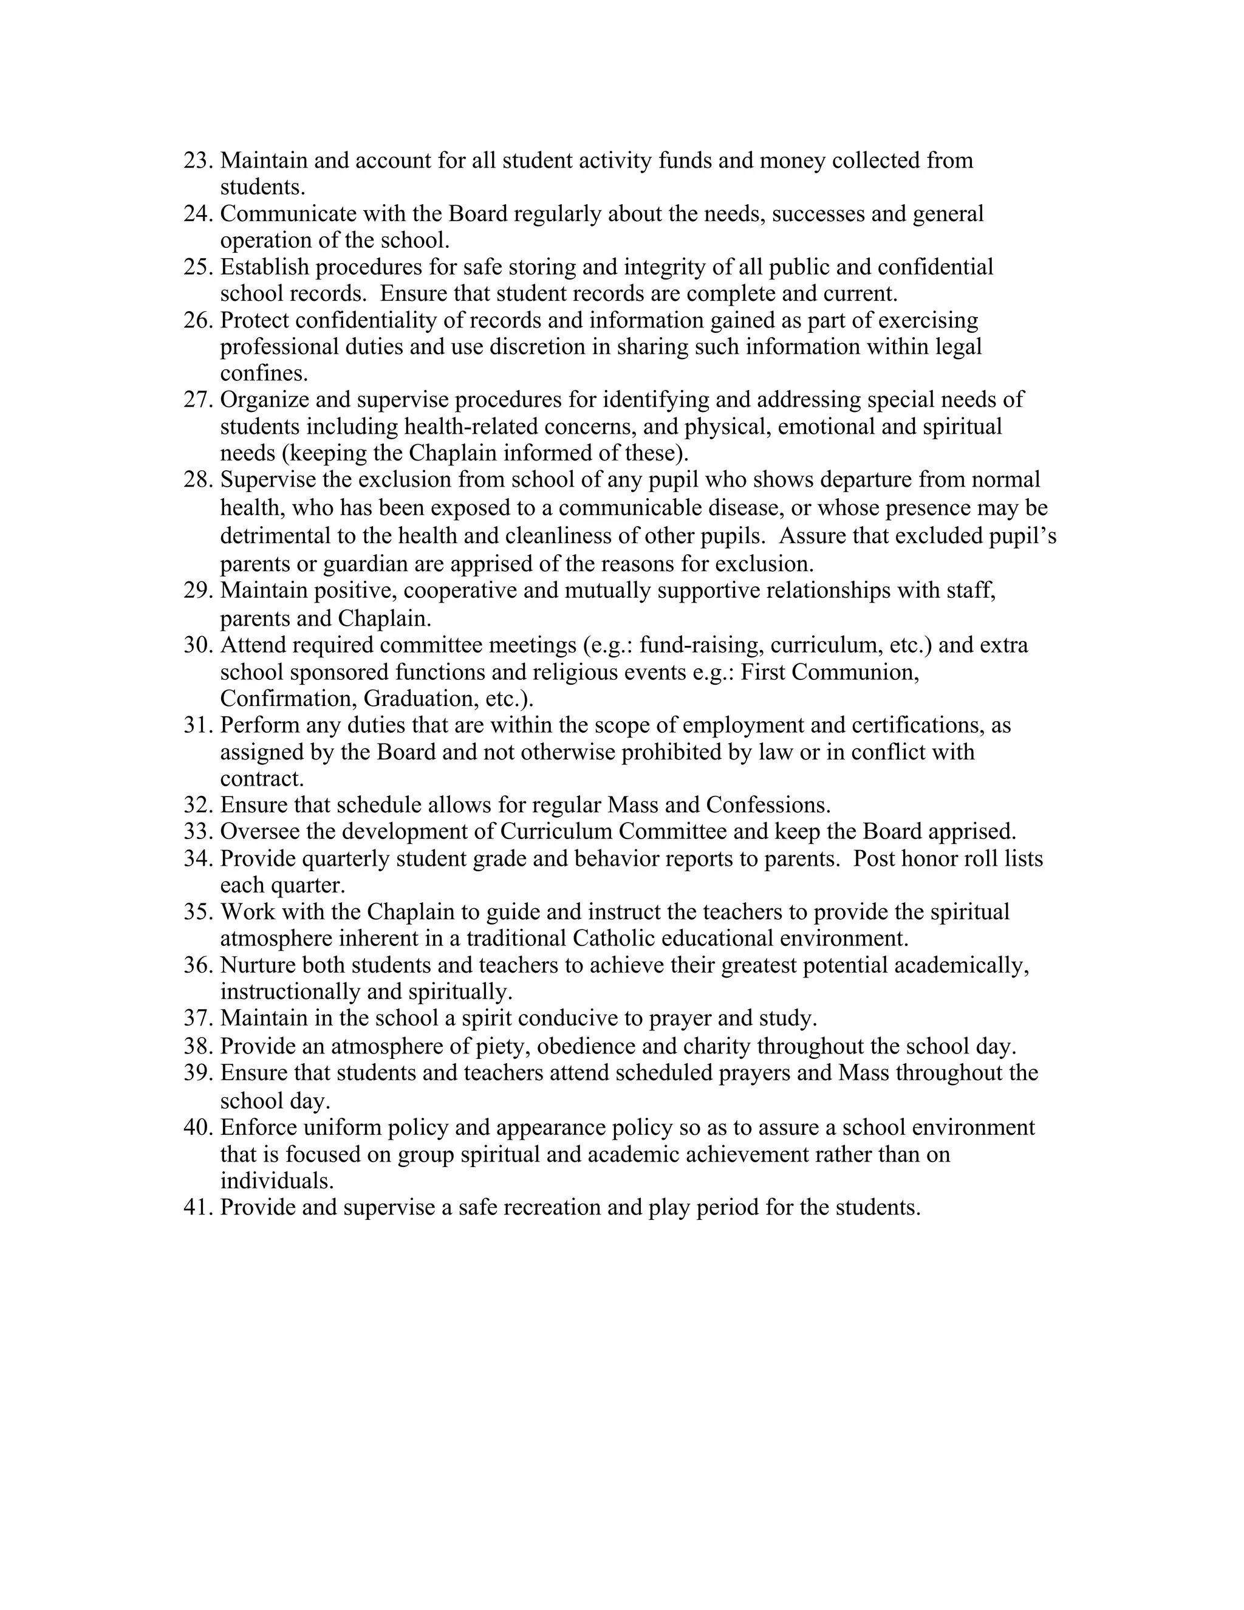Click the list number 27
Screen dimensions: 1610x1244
tap(197, 400)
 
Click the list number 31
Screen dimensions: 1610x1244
tap(197, 725)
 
